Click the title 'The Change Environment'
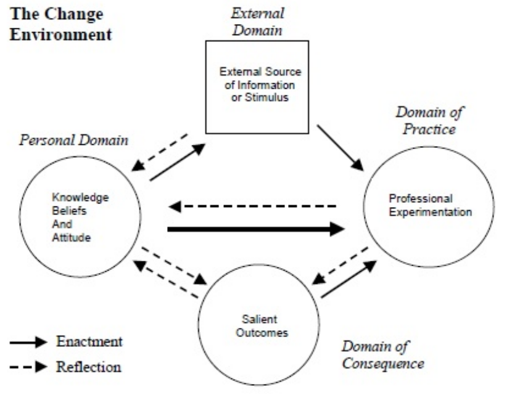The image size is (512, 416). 60,24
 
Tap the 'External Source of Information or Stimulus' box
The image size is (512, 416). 258,86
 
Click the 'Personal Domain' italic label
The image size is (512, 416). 73,141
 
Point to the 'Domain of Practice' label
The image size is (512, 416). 429,121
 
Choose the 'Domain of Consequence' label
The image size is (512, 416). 382,354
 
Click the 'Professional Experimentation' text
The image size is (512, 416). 430,206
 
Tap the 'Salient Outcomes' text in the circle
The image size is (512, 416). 259,326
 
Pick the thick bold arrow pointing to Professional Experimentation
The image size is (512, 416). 255,229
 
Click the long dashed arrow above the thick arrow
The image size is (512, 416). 253,206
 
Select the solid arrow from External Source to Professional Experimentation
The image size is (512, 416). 340,148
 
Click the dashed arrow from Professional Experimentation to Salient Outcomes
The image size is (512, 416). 340,265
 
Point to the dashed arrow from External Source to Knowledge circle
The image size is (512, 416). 161,151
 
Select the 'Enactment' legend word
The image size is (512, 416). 89,341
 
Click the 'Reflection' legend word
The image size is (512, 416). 89,367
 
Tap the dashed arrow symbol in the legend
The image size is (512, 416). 28,367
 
